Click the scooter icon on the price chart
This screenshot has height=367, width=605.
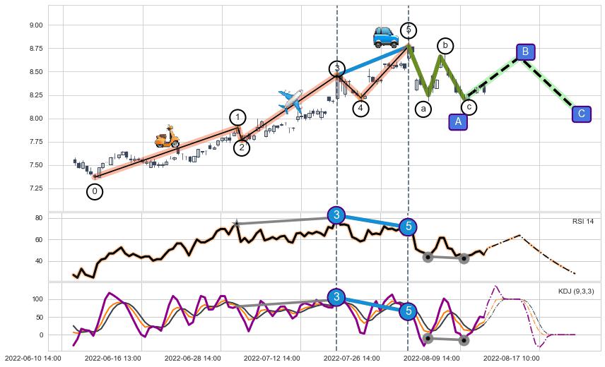point(168,137)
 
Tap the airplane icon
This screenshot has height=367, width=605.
point(290,101)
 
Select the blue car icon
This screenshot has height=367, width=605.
point(386,36)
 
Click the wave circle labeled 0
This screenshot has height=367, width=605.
point(95,191)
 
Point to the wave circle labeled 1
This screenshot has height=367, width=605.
point(238,118)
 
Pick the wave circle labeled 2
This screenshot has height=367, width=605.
point(242,148)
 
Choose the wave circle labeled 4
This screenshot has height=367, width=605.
point(360,108)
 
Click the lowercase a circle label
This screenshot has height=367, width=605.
point(423,109)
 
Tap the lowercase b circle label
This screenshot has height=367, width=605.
point(445,46)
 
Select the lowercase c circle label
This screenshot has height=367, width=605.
point(469,107)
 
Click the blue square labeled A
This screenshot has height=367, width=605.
point(458,121)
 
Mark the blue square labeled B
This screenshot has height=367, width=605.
point(525,52)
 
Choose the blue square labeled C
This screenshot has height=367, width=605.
point(581,114)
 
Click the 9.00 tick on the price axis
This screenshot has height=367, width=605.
point(35,25)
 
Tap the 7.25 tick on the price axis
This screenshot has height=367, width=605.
point(35,188)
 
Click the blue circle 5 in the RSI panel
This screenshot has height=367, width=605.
point(408,227)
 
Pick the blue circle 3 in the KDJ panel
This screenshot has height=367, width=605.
point(336,297)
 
